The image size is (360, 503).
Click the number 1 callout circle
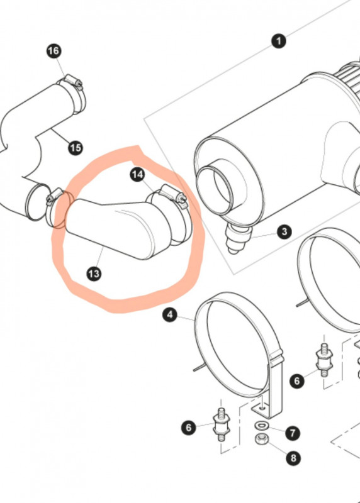278,41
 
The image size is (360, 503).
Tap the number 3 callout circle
284,231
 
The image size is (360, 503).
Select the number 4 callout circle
170,315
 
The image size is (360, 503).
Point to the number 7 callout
293,433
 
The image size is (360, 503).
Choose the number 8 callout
293,458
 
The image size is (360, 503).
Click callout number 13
94,274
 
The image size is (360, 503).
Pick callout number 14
137,175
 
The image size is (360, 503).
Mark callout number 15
76,148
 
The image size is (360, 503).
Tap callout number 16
54,51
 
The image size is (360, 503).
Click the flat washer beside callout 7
261,426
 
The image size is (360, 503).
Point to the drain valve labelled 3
238,238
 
